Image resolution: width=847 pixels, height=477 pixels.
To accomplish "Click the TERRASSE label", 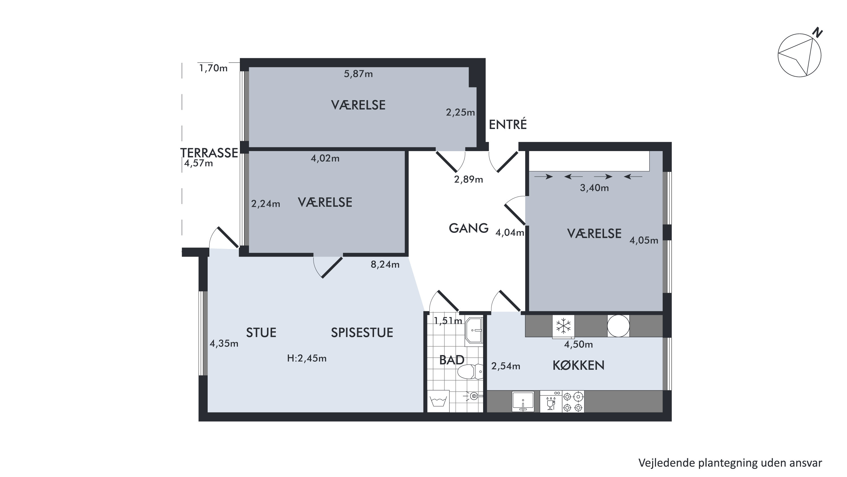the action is [209, 153].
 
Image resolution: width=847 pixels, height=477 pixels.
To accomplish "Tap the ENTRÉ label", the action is [508, 124].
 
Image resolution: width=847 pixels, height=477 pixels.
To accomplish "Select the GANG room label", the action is [468, 228].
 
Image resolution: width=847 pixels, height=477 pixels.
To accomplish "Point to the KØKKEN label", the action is [578, 366].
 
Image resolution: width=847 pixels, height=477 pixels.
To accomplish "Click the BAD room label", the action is [452, 360].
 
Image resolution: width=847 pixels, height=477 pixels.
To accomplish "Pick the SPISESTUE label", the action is [362, 332].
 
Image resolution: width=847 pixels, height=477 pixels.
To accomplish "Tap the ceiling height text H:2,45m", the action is [307, 358].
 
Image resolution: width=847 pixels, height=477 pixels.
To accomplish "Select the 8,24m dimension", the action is [385, 264].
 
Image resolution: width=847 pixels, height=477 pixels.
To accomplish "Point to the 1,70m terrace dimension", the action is [213, 68].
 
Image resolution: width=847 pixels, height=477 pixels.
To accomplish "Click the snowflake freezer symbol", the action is [563, 326].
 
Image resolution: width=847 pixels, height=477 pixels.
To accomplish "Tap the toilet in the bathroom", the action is [470, 372].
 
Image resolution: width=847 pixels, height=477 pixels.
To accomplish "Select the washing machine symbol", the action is [438, 401].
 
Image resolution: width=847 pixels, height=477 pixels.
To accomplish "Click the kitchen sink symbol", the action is [523, 401].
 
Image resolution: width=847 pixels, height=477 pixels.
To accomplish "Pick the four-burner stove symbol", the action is [573, 401].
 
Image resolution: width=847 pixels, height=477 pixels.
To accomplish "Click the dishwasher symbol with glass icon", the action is [551, 401].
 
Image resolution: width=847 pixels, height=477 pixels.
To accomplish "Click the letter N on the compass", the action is [817, 33].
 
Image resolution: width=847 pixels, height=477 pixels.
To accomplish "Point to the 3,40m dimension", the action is [594, 188].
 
